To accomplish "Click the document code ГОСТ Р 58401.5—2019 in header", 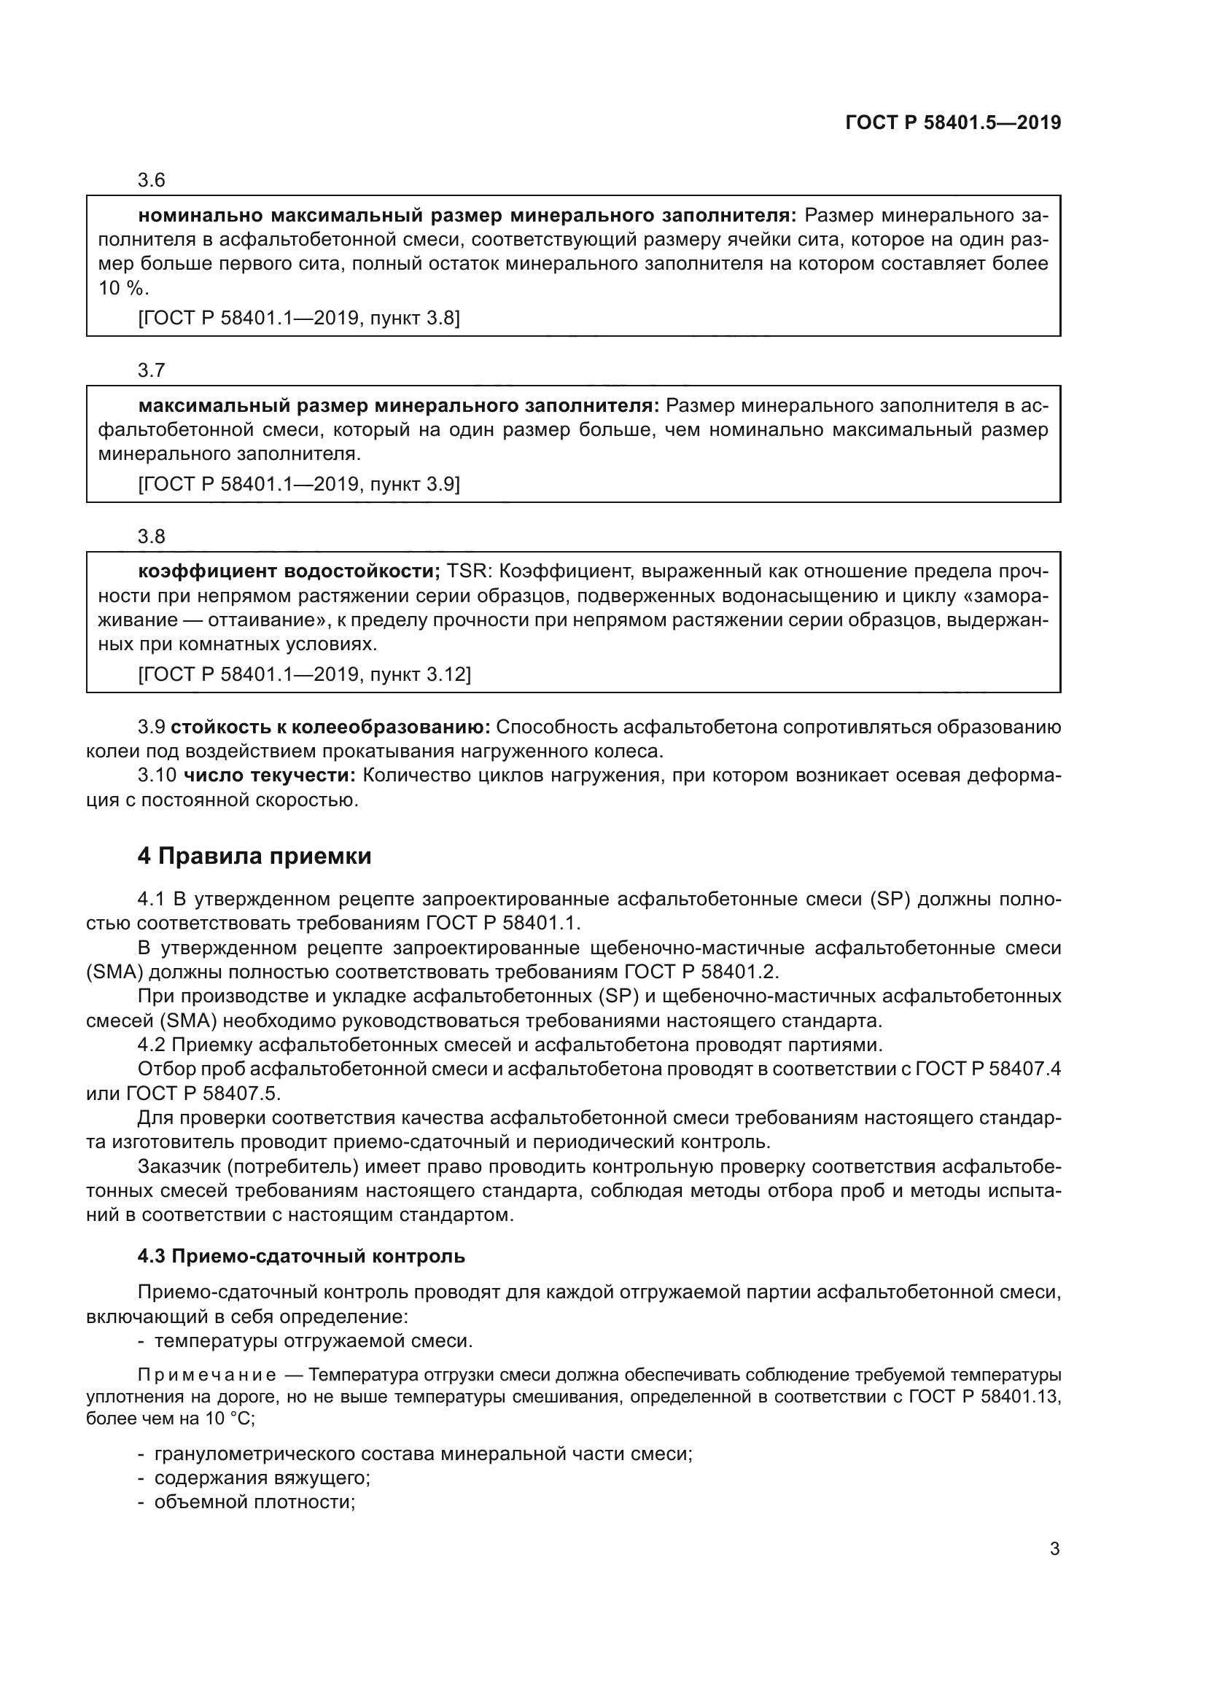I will pyautogui.click(x=953, y=122).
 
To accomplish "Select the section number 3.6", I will pyautogui.click(x=151, y=181).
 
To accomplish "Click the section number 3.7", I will pyautogui.click(x=151, y=370).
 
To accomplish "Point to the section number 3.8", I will pyautogui.click(x=151, y=537).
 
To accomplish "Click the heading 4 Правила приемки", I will pyautogui.click(x=254, y=857).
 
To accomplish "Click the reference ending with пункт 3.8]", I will pyautogui.click(x=299, y=319).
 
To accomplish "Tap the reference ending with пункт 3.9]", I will pyautogui.click(x=299, y=484).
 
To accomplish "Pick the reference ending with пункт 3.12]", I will pyautogui.click(x=305, y=674).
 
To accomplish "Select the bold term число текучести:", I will pyautogui.click(x=270, y=776).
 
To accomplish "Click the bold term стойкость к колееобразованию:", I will pyautogui.click(x=335, y=727).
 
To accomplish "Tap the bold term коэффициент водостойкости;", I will pyautogui.click(x=289, y=571).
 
